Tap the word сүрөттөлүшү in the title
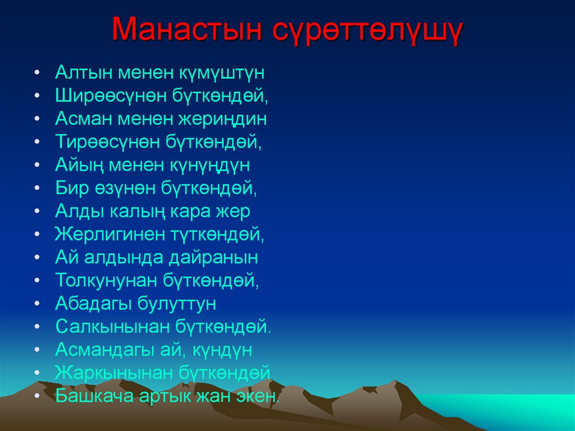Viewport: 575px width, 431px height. pyautogui.click(x=368, y=31)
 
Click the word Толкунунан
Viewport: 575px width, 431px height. pyautogui.click(x=106, y=280)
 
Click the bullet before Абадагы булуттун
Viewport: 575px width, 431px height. pyautogui.click(x=37, y=304)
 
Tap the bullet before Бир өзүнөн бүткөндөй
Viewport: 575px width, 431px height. pyautogui.click(x=37, y=188)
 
